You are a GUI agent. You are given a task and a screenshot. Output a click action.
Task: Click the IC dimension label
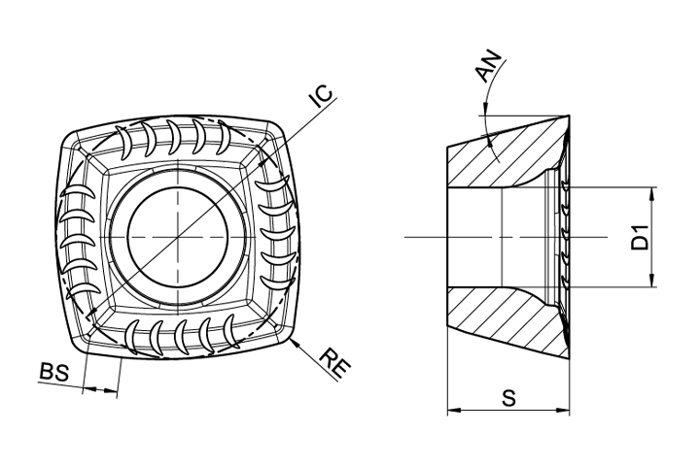(x=323, y=96)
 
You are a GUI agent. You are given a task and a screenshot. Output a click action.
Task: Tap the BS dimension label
(x=54, y=373)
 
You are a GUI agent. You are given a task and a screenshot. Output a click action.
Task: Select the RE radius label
(x=336, y=363)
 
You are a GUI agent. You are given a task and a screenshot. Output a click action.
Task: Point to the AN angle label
(x=489, y=67)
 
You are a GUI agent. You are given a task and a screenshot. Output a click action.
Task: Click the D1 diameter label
(x=641, y=237)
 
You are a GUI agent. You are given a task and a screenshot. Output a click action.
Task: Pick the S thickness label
(x=508, y=398)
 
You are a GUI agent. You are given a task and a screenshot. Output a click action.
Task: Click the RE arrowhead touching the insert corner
(x=294, y=344)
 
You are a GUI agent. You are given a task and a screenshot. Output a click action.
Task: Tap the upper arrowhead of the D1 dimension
(x=652, y=192)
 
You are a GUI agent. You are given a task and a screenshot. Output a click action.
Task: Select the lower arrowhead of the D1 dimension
(x=652, y=281)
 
